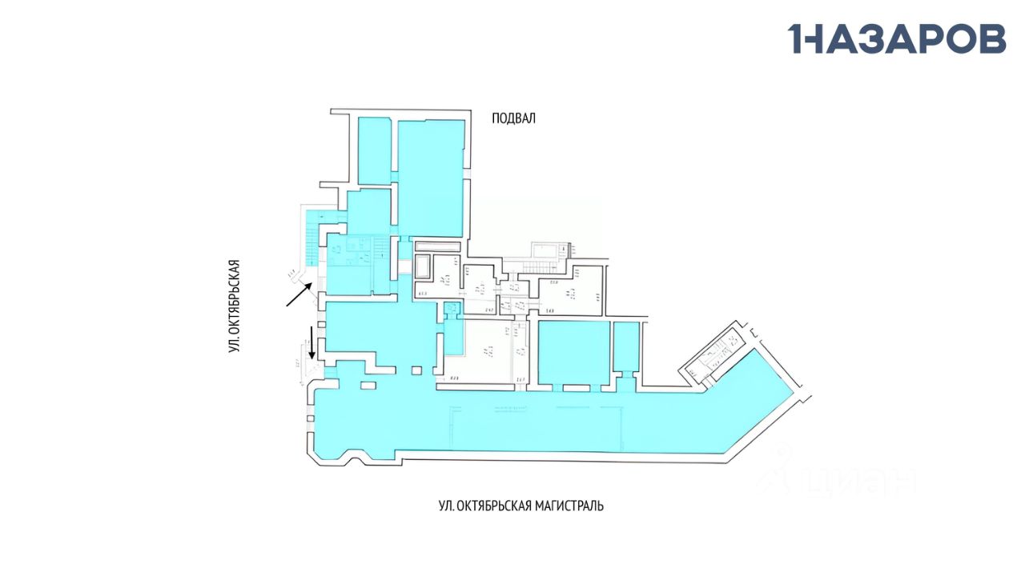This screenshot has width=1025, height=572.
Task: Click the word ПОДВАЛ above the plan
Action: (513, 118)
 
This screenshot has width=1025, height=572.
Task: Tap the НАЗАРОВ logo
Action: (897, 38)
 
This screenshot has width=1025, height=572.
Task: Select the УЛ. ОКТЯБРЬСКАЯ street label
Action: (235, 306)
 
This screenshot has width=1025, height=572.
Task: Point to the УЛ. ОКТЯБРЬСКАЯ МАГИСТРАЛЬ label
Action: (521, 506)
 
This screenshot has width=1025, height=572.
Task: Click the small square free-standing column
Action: (416, 370)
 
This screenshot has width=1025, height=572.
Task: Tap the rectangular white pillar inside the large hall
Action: (368, 386)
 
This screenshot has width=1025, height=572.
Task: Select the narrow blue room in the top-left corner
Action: (373, 150)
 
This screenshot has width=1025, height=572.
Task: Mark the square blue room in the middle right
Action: (573, 353)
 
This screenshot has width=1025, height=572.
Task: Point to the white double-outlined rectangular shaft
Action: (421, 265)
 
